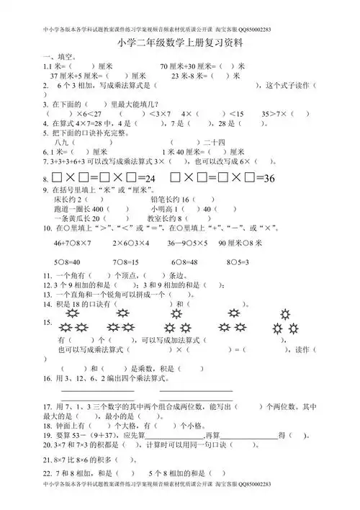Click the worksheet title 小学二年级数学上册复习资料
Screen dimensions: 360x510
pyautogui.click(x=180, y=42)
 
